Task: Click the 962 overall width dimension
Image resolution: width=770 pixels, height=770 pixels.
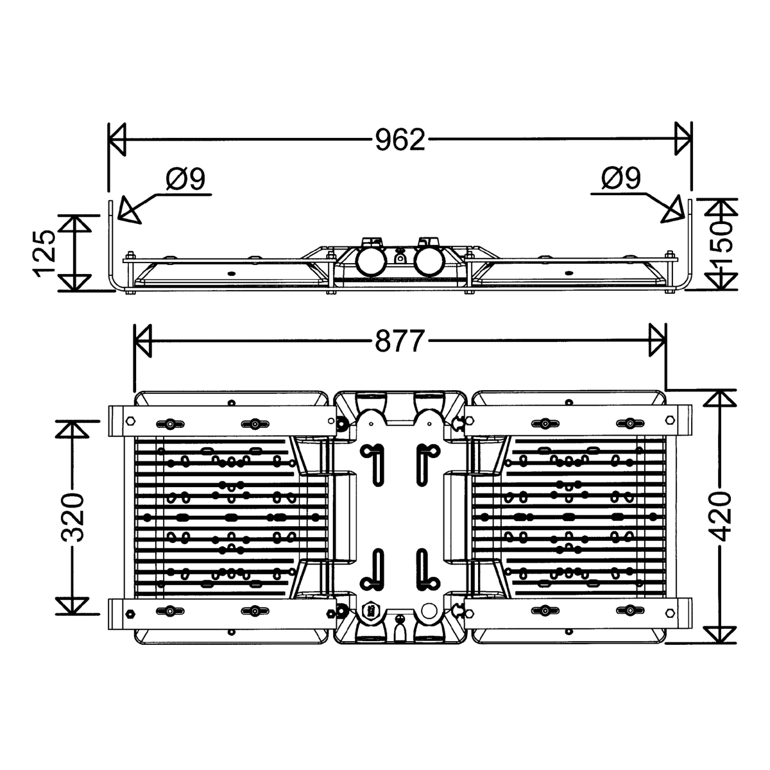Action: click(x=400, y=139)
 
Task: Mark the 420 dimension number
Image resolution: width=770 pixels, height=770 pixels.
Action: click(x=723, y=517)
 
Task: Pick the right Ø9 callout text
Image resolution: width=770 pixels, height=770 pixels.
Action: click(x=621, y=178)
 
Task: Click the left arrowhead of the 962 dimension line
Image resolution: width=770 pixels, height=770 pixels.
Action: click(x=117, y=139)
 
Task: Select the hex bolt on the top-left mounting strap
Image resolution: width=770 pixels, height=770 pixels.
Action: click(x=131, y=421)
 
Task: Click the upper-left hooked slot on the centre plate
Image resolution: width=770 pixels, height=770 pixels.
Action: click(x=372, y=460)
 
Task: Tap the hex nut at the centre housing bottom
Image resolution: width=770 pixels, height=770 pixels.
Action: click(x=370, y=612)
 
